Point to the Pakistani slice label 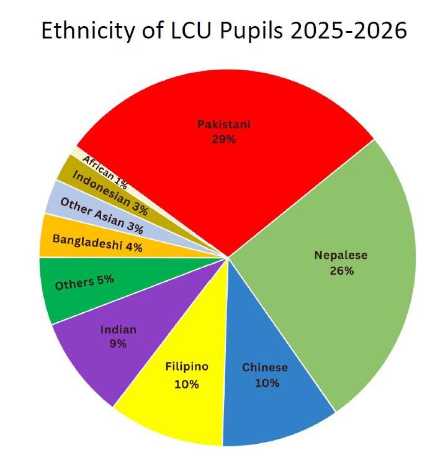[223, 125]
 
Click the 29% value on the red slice [223, 140]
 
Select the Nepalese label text [341, 255]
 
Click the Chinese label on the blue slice [265, 367]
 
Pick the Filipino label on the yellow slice [187, 367]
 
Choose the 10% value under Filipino [187, 384]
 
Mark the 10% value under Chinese [267, 383]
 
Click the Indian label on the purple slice [118, 329]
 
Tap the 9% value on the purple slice [118, 343]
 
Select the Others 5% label [84, 282]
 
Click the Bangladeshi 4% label [97, 243]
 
